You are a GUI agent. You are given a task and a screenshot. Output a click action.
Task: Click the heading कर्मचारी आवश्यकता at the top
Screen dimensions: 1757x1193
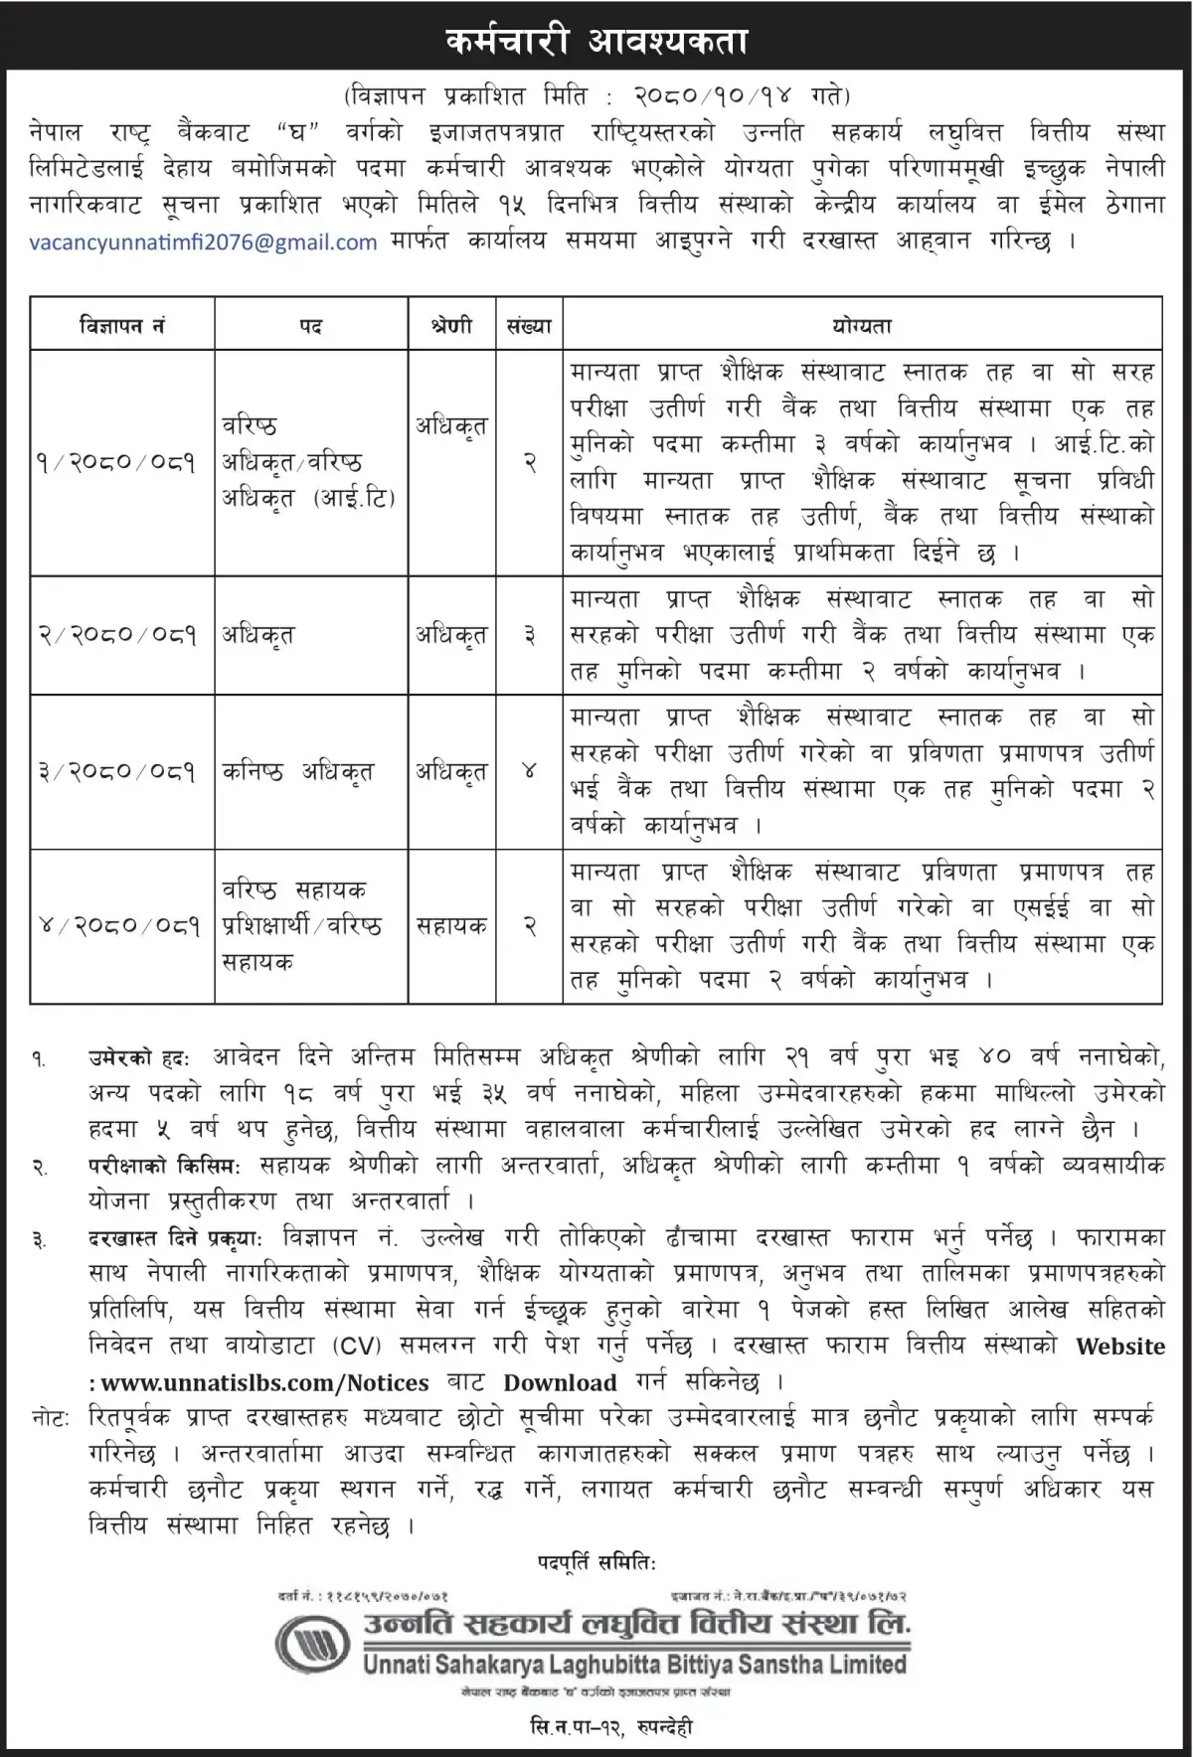tap(596, 41)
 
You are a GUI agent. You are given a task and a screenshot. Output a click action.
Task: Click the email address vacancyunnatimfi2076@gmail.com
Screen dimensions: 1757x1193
tap(204, 241)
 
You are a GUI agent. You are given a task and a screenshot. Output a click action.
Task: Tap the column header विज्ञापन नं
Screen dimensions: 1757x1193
tap(122, 324)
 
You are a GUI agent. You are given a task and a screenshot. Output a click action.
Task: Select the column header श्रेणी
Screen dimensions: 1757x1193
tap(451, 324)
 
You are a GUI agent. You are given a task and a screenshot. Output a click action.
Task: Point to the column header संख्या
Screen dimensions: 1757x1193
tap(528, 324)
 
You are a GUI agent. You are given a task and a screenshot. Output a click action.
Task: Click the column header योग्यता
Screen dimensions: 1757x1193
tap(862, 324)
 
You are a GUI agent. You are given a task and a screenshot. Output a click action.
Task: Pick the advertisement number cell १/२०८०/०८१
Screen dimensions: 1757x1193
tap(116, 462)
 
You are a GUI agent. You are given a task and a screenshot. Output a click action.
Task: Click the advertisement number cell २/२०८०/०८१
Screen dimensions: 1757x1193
tap(116, 634)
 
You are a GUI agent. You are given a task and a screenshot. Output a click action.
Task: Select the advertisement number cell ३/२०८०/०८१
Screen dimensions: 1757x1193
tap(116, 771)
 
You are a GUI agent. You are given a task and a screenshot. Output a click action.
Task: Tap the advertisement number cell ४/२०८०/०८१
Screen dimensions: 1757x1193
tap(116, 925)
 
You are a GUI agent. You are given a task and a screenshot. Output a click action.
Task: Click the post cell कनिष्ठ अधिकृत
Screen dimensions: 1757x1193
tap(297, 771)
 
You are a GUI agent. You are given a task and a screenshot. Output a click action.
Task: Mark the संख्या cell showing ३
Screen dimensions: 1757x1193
tap(529, 634)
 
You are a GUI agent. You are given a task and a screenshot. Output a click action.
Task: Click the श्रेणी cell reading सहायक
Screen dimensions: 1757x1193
tap(451, 925)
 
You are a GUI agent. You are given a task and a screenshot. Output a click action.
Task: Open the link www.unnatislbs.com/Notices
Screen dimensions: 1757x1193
tap(264, 1382)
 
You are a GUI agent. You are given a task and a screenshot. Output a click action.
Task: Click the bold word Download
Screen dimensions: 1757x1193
tap(560, 1382)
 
